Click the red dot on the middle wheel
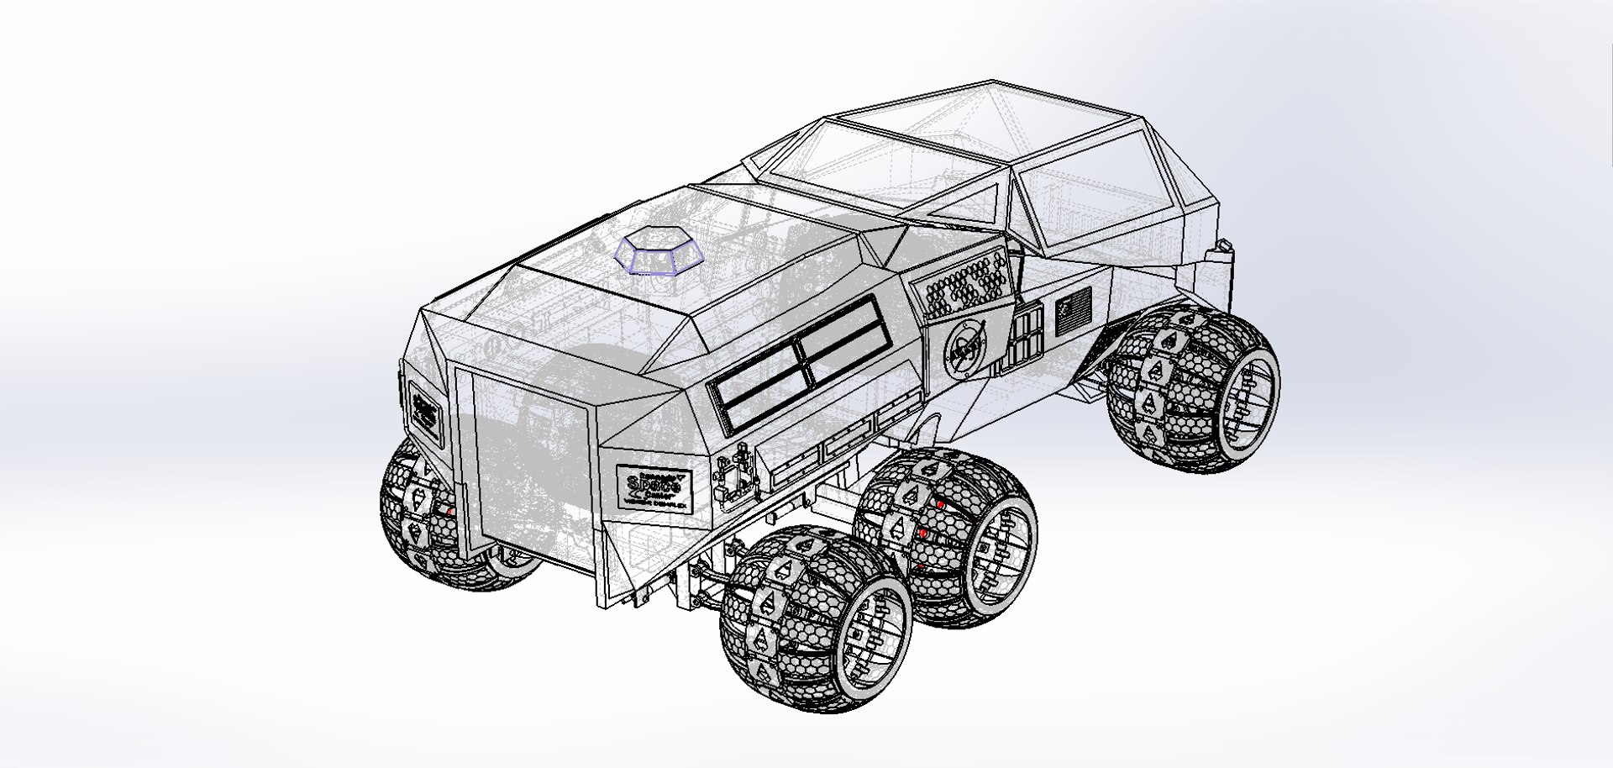pos(922,533)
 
